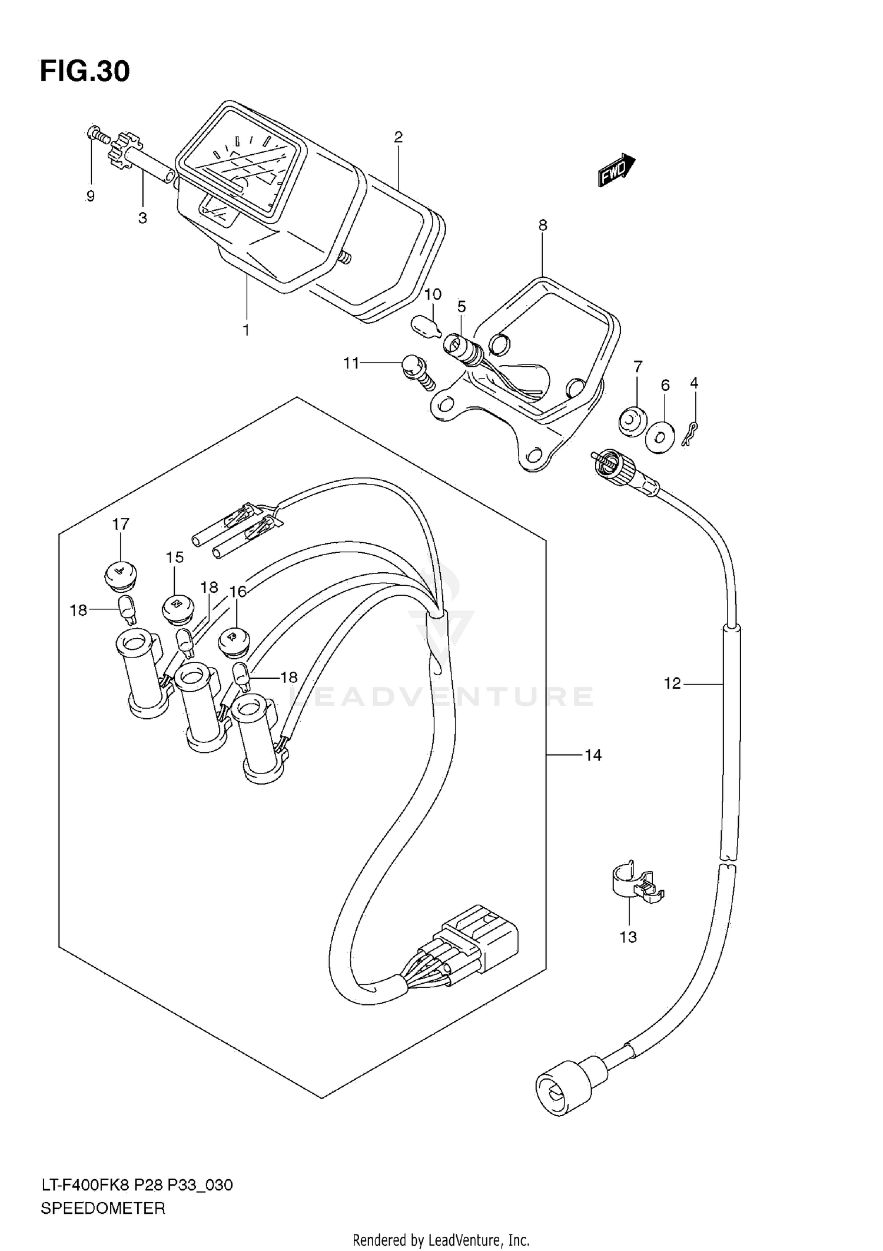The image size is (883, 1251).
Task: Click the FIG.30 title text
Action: pos(85,72)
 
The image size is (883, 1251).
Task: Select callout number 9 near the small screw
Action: pos(90,197)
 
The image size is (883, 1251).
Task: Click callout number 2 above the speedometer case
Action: pos(399,137)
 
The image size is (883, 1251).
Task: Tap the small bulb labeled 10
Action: pos(425,326)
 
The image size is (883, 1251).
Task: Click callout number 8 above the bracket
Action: pos(542,225)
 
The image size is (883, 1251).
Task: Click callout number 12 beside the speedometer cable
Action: pos(672,683)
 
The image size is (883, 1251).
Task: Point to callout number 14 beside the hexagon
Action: pos(593,755)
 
